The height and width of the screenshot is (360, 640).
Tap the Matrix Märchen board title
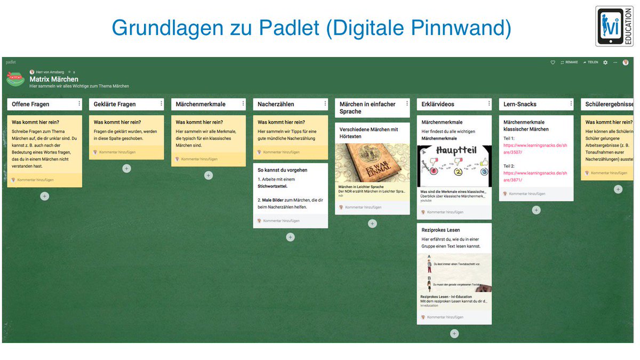54,79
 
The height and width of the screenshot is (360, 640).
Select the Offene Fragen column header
31,104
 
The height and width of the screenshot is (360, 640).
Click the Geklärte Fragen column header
115,104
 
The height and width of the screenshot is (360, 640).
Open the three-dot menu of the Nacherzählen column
325,104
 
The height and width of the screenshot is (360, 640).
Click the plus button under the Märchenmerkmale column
209,175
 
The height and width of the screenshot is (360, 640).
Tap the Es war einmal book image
372,163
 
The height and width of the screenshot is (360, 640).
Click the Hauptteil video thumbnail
454,166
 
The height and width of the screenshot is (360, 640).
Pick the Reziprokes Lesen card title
441,230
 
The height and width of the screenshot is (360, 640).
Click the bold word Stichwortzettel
273,187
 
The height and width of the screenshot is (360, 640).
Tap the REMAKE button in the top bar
569,62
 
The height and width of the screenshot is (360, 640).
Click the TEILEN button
590,62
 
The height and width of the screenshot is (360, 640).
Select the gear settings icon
605,62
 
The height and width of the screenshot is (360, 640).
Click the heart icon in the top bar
553,62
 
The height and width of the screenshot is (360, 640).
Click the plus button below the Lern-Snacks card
536,210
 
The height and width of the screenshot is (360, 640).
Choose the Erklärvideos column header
438,104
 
